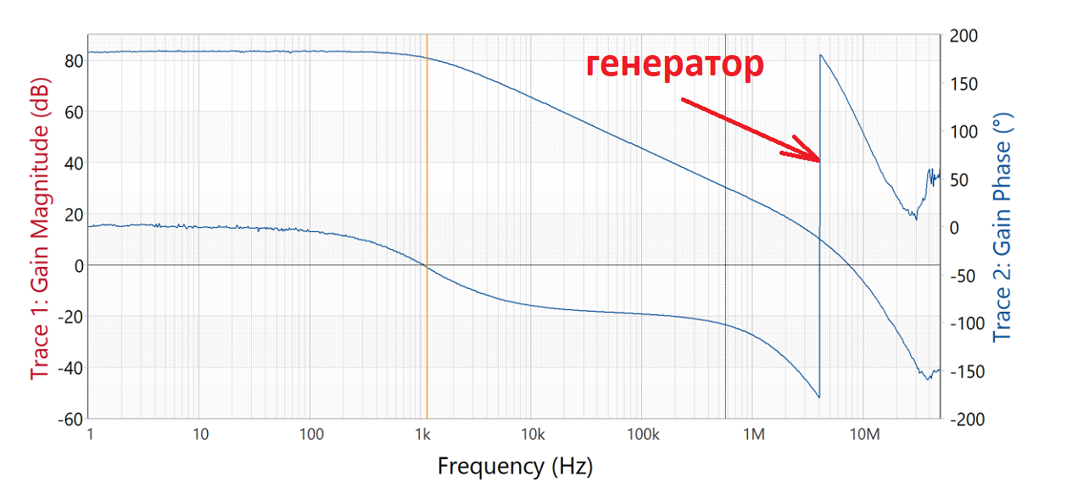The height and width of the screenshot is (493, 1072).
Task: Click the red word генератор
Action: pyautogui.click(x=674, y=65)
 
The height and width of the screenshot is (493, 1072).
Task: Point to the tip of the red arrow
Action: pyautogui.click(x=818, y=159)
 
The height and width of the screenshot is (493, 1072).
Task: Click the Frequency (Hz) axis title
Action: pyautogui.click(x=515, y=465)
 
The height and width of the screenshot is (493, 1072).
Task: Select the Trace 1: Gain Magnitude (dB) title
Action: pyautogui.click(x=40, y=229)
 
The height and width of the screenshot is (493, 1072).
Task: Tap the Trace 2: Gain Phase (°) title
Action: pyautogui.click(x=1003, y=229)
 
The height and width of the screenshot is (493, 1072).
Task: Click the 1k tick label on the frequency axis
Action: pyautogui.click(x=422, y=435)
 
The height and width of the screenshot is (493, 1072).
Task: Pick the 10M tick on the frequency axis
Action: pyautogui.click(x=864, y=435)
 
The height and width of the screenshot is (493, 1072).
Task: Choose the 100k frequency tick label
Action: pyautogui.click(x=643, y=435)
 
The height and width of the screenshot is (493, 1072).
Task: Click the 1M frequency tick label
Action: pyautogui.click(x=754, y=435)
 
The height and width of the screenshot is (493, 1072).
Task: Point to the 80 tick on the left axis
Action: pyautogui.click(x=71, y=61)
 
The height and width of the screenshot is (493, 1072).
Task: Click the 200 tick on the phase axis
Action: pyautogui.click(x=963, y=36)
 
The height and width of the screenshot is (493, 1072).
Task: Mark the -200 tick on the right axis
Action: pyautogui.click(x=966, y=419)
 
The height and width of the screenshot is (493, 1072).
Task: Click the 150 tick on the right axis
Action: pyautogui.click(x=963, y=84)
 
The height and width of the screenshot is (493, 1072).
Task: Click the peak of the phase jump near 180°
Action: pyautogui.click(x=820, y=56)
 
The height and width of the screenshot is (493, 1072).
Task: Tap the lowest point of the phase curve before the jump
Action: pyautogui.click(x=818, y=396)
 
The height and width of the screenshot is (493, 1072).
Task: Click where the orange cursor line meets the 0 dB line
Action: pyautogui.click(x=427, y=265)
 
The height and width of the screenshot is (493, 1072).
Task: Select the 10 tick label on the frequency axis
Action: pyautogui.click(x=201, y=435)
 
